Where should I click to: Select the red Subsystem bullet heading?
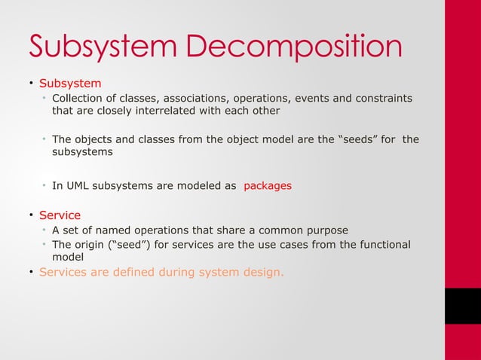click(x=70, y=82)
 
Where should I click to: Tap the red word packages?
click(x=268, y=185)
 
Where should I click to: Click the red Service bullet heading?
click(x=60, y=215)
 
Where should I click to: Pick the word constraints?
click(x=385, y=97)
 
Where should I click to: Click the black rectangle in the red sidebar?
click(x=462, y=307)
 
